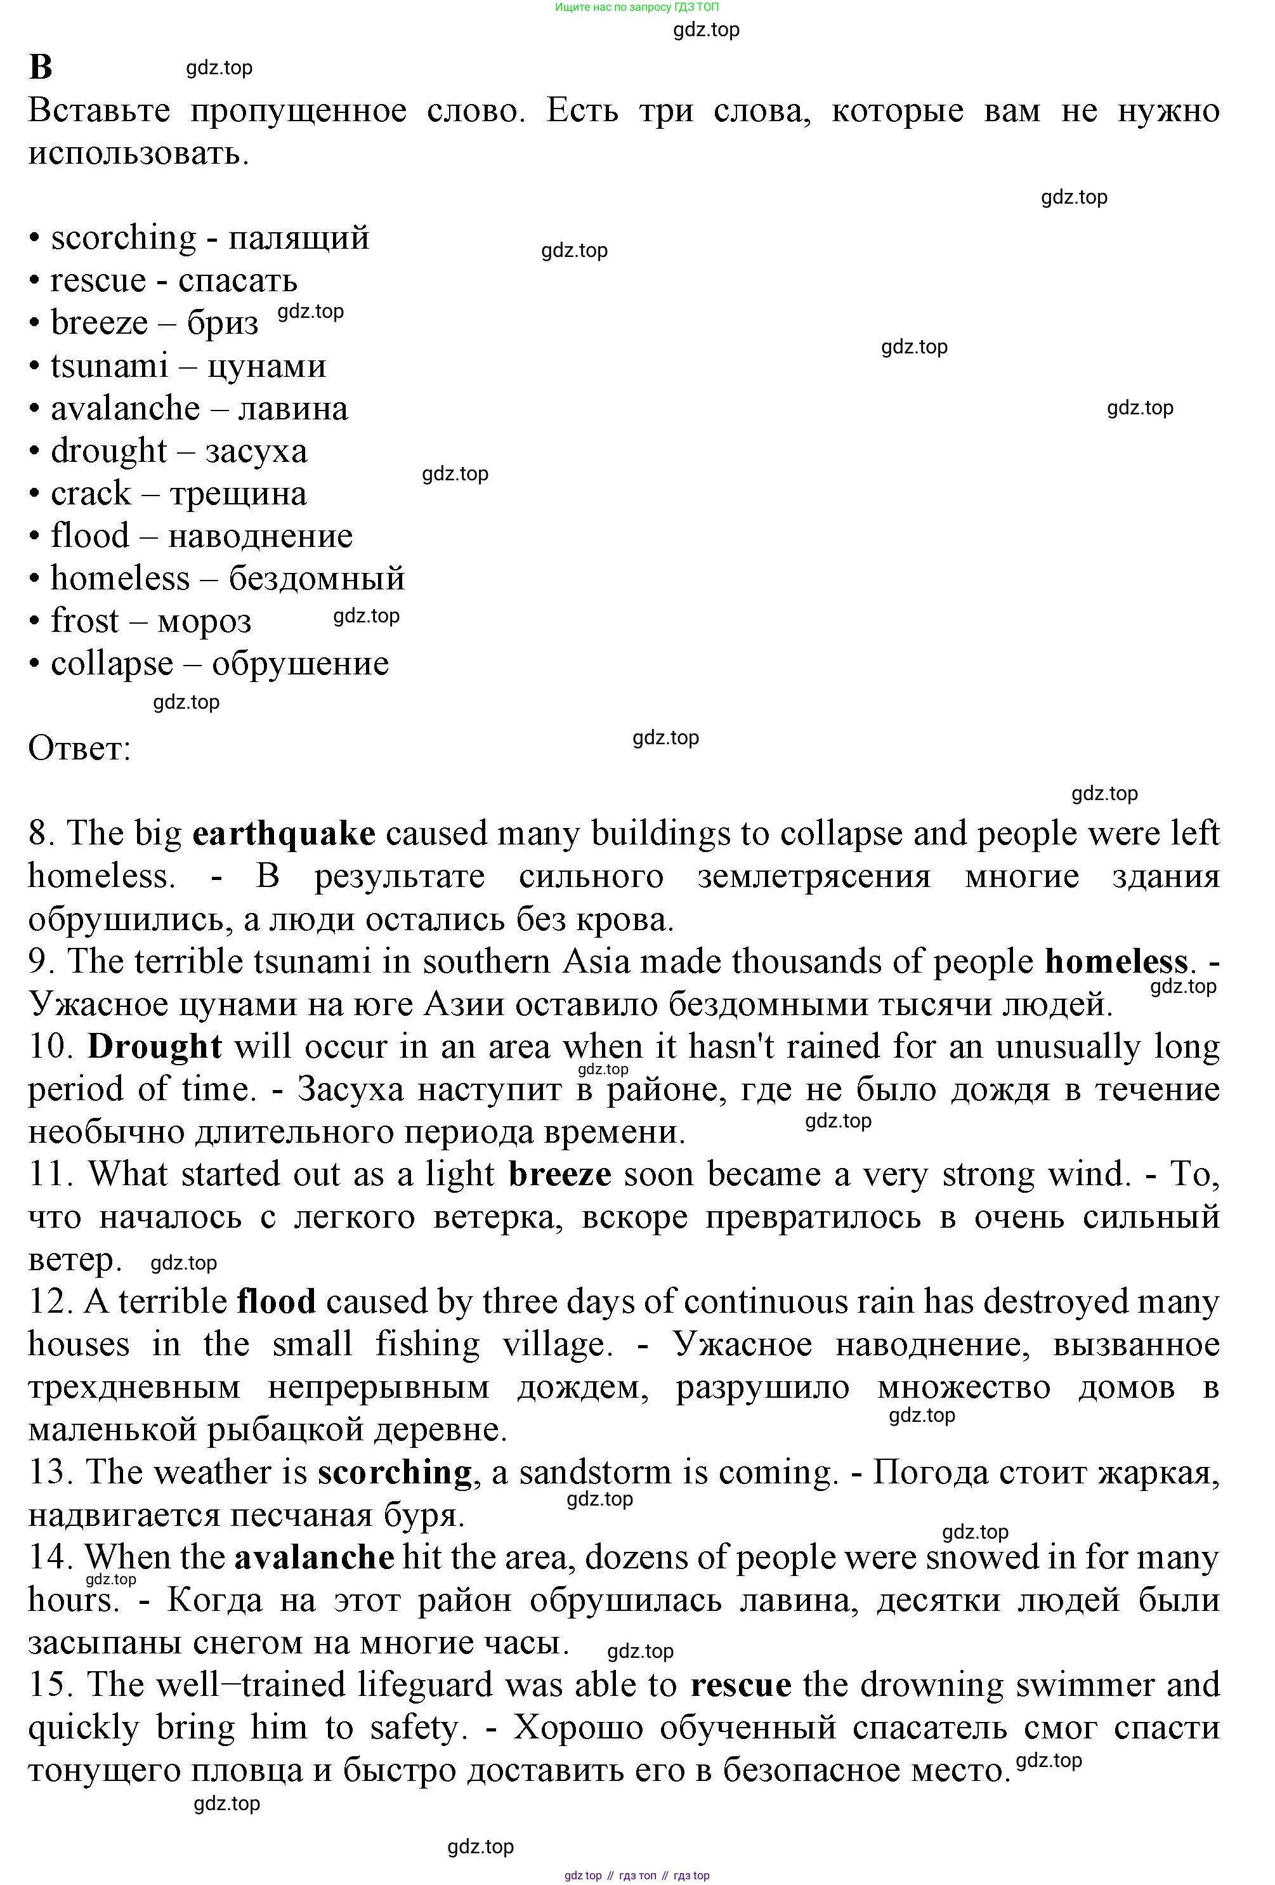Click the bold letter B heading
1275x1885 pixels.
coord(41,67)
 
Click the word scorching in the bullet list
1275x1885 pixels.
coord(123,238)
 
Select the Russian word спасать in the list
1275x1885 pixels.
coord(238,280)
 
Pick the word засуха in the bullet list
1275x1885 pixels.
coord(256,451)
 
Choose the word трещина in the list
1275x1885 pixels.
coord(238,493)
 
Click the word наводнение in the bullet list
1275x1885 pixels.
coord(259,536)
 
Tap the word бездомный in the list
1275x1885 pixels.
coord(317,578)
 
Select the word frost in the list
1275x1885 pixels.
coord(84,621)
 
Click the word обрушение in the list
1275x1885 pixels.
coord(300,664)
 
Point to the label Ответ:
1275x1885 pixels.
coord(79,748)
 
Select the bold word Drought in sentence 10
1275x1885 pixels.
coord(154,1046)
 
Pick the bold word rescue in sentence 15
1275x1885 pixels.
coord(740,1685)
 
